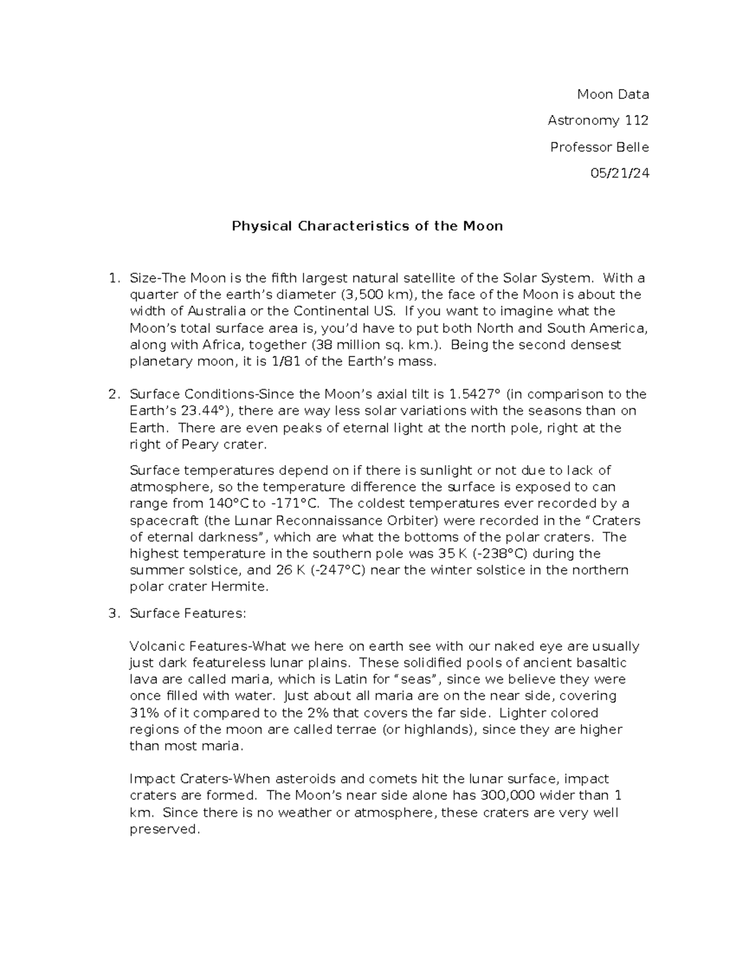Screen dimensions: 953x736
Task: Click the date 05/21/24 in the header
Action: [619, 174]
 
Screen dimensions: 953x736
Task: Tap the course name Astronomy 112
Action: [598, 120]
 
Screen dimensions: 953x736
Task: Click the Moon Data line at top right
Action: [613, 94]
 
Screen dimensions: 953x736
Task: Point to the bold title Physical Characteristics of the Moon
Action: [367, 226]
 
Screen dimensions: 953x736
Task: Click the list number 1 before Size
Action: [112, 278]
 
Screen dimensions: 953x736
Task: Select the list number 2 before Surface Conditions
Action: [112, 394]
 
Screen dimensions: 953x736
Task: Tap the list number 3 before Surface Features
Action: [112, 613]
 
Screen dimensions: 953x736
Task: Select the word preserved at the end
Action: [164, 830]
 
